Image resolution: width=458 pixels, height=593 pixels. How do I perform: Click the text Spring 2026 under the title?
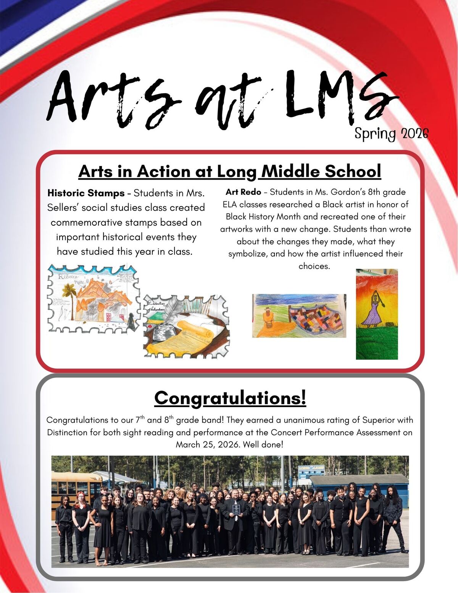pos(391,134)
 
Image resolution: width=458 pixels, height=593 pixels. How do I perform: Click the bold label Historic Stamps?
pos(86,193)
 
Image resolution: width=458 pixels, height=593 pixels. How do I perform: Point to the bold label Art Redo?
pos(244,192)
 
